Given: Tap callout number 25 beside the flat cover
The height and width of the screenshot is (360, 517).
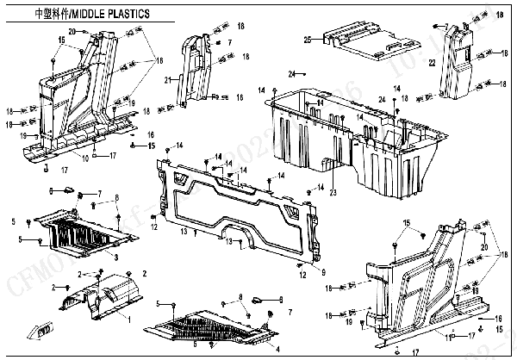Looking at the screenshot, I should [308, 40].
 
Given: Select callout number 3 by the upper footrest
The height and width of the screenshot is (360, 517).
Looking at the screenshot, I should [117, 257].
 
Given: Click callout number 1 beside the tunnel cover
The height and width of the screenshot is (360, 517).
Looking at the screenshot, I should [129, 319].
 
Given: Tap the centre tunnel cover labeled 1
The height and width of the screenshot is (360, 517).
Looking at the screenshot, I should [103, 297].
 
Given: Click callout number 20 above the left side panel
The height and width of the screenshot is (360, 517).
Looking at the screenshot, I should [72, 31].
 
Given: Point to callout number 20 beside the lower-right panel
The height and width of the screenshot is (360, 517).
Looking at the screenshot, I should [484, 247].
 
